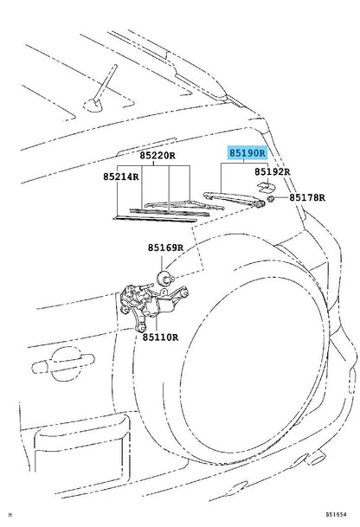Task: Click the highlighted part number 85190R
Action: click(x=247, y=153)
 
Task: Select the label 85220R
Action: click(x=157, y=156)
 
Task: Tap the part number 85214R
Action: click(x=120, y=177)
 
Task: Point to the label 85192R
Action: click(x=272, y=171)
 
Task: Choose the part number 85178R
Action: click(x=307, y=197)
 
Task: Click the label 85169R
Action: click(x=165, y=247)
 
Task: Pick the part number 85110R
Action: click(x=160, y=337)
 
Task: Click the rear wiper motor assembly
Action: click(x=151, y=303)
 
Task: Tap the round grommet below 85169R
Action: click(x=165, y=277)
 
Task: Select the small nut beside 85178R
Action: click(x=271, y=199)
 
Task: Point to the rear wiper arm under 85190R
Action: click(x=235, y=199)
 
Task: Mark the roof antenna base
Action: click(x=93, y=106)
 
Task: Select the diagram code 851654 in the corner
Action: click(x=336, y=514)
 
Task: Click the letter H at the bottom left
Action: click(x=10, y=515)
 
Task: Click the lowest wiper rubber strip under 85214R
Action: click(x=155, y=219)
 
